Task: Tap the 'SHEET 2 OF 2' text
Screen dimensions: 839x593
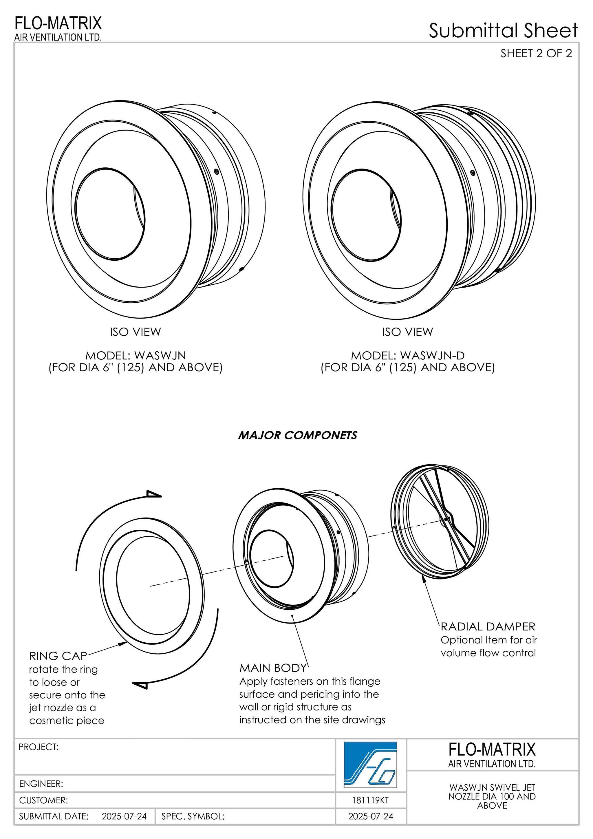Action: tap(536, 54)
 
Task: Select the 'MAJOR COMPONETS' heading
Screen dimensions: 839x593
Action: tap(297, 435)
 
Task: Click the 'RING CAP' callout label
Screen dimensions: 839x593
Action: tap(58, 656)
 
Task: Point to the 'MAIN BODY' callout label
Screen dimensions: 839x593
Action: tap(273, 668)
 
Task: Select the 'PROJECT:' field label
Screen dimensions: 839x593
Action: tap(38, 747)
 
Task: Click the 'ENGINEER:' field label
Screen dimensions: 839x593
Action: tap(41, 784)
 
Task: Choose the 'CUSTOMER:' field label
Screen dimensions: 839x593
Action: tap(43, 800)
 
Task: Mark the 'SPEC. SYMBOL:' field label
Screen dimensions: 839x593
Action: tap(193, 816)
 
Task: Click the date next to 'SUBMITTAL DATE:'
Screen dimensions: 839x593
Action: tap(124, 816)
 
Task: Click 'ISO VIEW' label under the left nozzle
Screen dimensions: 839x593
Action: tap(135, 332)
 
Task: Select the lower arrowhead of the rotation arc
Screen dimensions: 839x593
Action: tap(140, 685)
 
